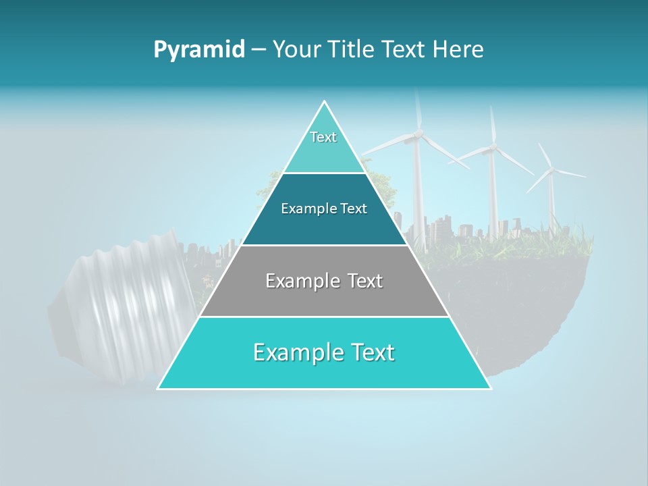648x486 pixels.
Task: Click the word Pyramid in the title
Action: click(198, 50)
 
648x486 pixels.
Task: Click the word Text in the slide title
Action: click(405, 50)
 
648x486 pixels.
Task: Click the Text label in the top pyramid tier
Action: click(323, 137)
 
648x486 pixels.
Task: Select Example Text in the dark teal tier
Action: click(324, 209)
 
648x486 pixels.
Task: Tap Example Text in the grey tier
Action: click(324, 281)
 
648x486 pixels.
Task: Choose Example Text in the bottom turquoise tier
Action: click(324, 352)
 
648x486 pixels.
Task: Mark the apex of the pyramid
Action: click(325, 102)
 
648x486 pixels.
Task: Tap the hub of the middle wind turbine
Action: click(493, 146)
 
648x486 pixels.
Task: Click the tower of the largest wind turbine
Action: click(418, 196)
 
